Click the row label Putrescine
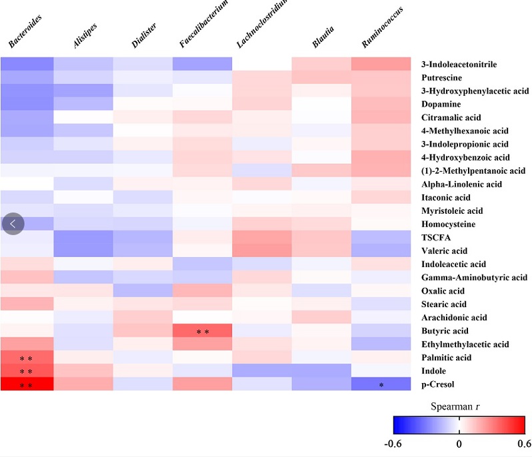click(441, 77)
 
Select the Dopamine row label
click(440, 104)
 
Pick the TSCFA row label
click(434, 237)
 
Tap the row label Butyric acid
click(444, 330)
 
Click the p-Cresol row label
click(437, 384)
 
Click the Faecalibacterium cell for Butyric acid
click(202, 330)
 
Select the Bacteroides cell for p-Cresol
click(27, 384)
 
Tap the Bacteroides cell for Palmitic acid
click(27, 357)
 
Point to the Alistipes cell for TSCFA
click(83, 237)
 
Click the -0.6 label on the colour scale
click(399, 442)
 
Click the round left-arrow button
click(13, 223)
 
